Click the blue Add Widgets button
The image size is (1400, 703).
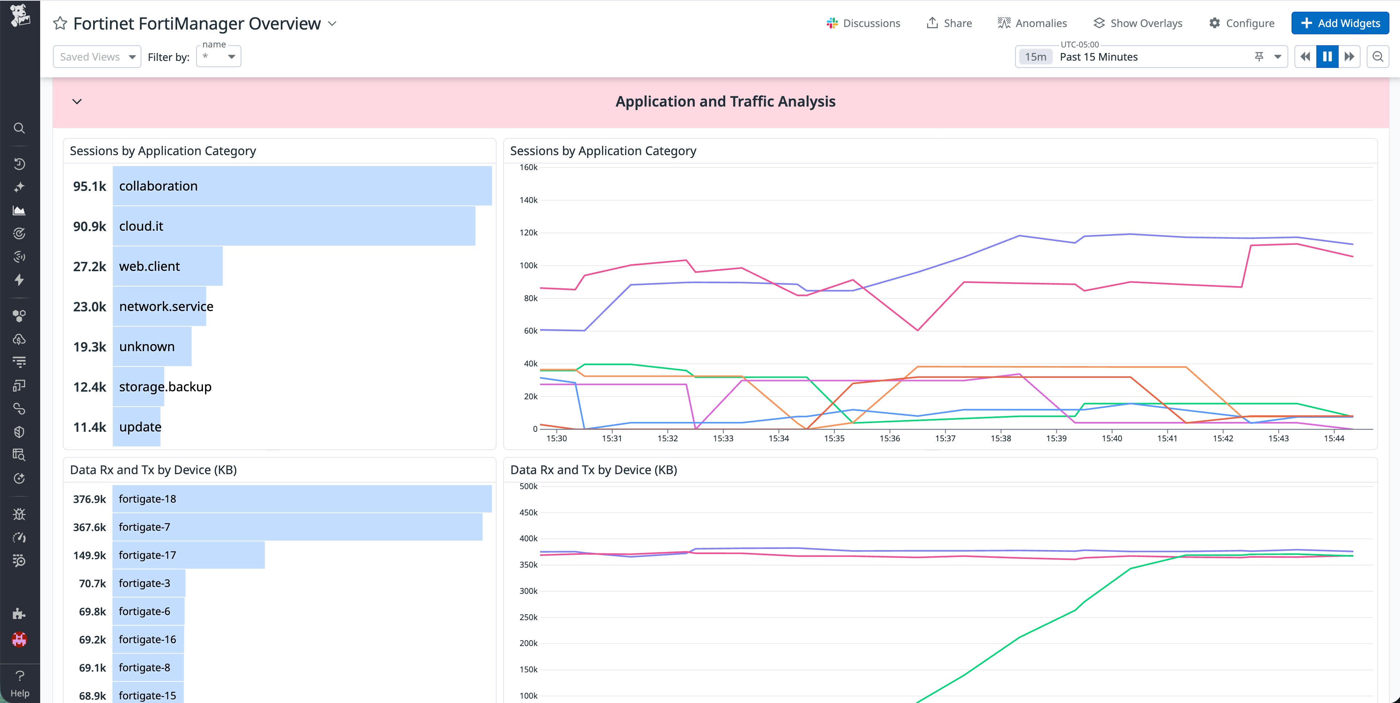[x=1340, y=23]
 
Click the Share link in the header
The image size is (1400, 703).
[x=949, y=23]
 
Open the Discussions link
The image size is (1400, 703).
[x=863, y=23]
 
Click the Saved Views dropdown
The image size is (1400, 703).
[x=97, y=57]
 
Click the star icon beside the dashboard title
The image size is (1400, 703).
[x=60, y=23]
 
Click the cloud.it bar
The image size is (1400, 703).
[x=294, y=226]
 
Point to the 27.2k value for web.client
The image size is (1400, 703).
[x=90, y=266]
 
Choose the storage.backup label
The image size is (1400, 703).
[x=165, y=387]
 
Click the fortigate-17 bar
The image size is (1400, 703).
[x=188, y=555]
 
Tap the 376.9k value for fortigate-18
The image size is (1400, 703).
[x=90, y=499]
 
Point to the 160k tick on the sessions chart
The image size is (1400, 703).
[x=528, y=167]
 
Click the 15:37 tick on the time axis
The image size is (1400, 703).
[x=945, y=438]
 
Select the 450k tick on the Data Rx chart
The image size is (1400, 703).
[x=528, y=512]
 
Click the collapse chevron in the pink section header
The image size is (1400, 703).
[x=77, y=101]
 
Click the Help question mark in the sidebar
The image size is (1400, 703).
[x=20, y=676]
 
